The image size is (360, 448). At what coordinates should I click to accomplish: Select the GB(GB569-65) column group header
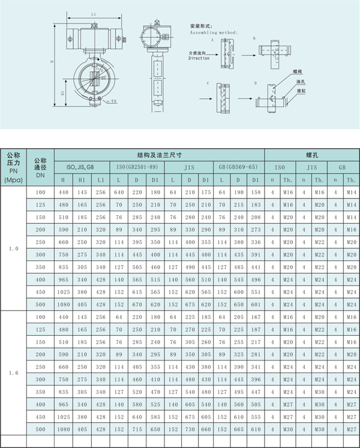click(238, 166)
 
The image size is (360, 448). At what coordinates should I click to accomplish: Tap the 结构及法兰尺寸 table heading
click(159, 154)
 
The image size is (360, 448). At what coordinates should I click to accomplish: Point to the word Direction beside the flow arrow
click(199, 58)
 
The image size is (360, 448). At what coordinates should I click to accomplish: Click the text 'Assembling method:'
click(214, 33)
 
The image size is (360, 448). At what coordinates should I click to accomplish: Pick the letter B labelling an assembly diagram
click(254, 38)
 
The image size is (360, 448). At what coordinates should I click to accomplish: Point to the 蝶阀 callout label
click(298, 71)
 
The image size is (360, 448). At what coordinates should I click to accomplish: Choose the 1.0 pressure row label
click(14, 248)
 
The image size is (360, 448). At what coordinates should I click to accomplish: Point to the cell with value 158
click(256, 192)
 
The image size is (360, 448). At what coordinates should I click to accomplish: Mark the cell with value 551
click(256, 292)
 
